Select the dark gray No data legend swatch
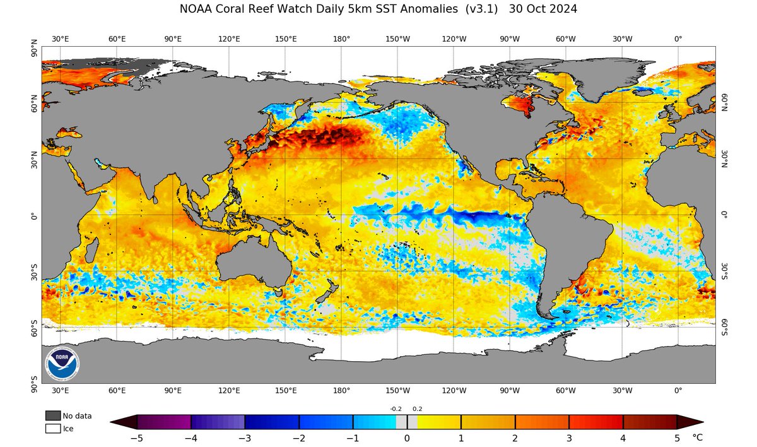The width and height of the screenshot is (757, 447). click(x=53, y=415)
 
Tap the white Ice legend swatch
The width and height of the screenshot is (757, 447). click(x=53, y=429)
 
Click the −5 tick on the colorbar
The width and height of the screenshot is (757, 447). click(x=138, y=437)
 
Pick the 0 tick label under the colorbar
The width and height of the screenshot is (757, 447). click(x=407, y=437)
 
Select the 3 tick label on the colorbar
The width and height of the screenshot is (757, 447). click(x=569, y=437)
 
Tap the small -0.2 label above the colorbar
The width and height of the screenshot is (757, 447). click(x=396, y=409)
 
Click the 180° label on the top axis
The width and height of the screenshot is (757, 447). click(x=342, y=39)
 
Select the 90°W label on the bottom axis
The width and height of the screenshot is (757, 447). click(x=510, y=390)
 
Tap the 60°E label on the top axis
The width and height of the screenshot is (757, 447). click(x=117, y=39)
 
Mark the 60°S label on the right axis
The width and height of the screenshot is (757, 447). click(x=724, y=327)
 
